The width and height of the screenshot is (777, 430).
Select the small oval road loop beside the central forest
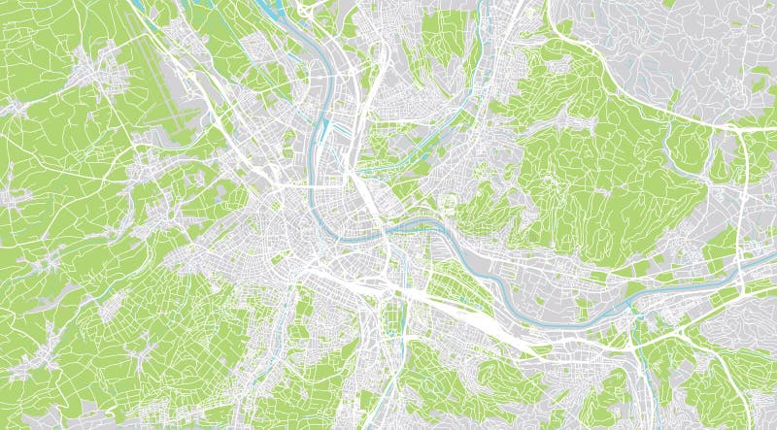(x=448, y=205)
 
